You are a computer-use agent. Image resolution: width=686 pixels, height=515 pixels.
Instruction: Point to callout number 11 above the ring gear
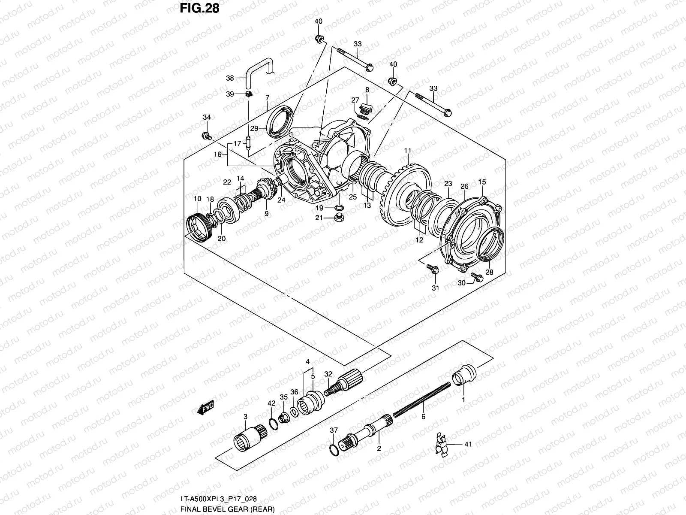[x=407, y=151]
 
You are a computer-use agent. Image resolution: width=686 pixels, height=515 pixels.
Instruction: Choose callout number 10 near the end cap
[x=197, y=199]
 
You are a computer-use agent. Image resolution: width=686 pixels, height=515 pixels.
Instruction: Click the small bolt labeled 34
[x=206, y=136]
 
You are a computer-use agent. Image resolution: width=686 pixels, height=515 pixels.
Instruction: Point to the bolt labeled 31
[x=432, y=269]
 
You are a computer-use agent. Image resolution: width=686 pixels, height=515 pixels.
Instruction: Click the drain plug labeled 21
[x=340, y=218]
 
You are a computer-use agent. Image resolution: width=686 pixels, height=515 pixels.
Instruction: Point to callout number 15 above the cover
[x=482, y=182]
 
